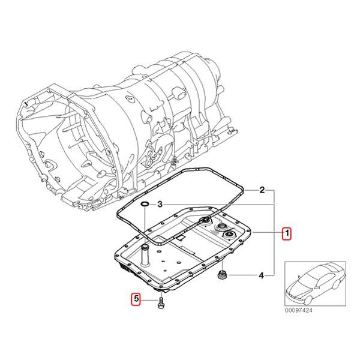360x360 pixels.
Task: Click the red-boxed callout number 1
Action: pyautogui.click(x=287, y=234)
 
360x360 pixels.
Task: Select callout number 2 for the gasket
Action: pyautogui.click(x=262, y=191)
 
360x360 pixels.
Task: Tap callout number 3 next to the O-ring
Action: pyautogui.click(x=160, y=205)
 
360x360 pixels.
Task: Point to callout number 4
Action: pyautogui.click(x=262, y=276)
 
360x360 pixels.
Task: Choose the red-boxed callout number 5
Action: pyautogui.click(x=136, y=298)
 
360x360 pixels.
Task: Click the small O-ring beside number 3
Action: pyautogui.click(x=144, y=206)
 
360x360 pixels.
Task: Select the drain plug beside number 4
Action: pyautogui.click(x=222, y=275)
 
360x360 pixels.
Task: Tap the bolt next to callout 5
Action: pyautogui.click(x=161, y=303)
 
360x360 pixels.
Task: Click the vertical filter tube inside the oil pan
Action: pyautogui.click(x=145, y=255)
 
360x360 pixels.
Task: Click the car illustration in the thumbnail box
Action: pyautogui.click(x=313, y=284)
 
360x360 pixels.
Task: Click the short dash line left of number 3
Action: pyautogui.click(x=152, y=205)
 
